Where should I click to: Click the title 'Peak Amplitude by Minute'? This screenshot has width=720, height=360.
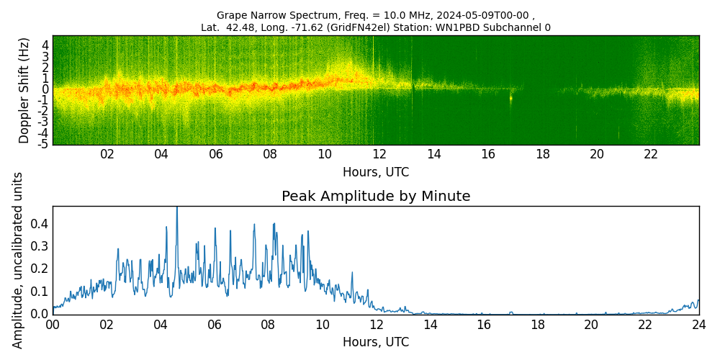(x=376, y=197)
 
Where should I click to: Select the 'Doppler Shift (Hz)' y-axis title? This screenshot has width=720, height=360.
(x=24, y=90)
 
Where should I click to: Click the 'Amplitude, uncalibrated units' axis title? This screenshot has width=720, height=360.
(x=18, y=260)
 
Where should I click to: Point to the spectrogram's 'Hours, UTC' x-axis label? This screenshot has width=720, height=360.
(x=376, y=172)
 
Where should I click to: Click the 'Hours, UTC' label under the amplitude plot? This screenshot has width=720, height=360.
(x=376, y=342)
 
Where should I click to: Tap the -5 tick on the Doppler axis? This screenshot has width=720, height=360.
(x=43, y=144)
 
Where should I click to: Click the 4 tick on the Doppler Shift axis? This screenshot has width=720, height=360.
(x=45, y=45)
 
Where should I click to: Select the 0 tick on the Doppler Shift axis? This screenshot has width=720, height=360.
(x=45, y=89)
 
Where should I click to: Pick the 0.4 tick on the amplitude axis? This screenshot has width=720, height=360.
(x=40, y=224)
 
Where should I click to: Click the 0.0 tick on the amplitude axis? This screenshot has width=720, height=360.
(x=40, y=314)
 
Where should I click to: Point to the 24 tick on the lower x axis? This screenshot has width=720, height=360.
(x=698, y=325)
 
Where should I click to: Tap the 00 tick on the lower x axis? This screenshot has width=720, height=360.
(x=53, y=325)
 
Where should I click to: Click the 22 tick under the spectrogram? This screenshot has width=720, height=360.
(x=651, y=155)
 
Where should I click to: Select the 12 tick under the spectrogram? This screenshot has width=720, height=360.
(x=379, y=155)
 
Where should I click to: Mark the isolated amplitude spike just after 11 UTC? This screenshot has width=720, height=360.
(x=352, y=274)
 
